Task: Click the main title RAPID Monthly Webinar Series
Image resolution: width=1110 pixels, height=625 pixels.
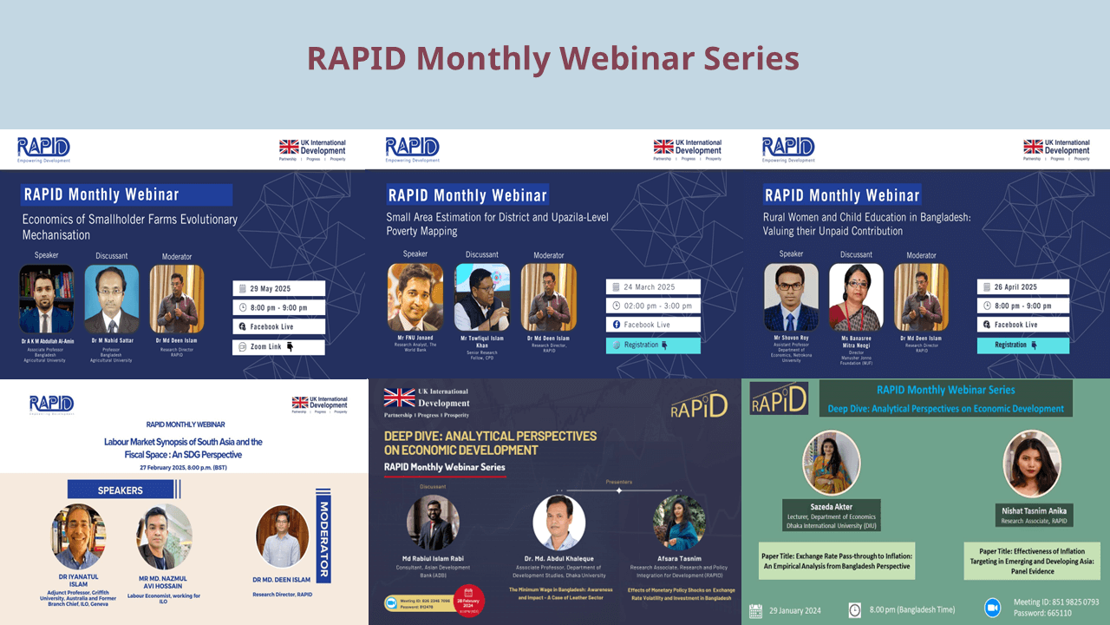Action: [553, 59]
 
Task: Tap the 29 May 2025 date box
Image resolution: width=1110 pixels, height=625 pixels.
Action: [278, 288]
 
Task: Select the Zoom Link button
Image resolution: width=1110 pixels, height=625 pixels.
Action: [278, 347]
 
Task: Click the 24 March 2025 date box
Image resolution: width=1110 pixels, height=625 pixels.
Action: [653, 287]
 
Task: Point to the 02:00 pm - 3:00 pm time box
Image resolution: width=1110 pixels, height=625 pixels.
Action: [653, 306]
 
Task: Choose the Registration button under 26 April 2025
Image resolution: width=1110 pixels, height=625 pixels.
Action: [1022, 345]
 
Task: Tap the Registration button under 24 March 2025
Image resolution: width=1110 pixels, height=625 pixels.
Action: [653, 345]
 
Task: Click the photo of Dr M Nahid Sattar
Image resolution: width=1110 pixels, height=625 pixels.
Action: [111, 299]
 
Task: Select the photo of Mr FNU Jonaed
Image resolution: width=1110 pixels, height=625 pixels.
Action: [415, 298]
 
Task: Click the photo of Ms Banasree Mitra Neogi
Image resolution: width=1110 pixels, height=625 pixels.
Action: [856, 298]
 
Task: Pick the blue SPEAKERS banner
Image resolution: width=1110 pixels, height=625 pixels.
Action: [121, 490]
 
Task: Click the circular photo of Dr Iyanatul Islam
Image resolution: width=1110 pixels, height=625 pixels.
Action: [78, 537]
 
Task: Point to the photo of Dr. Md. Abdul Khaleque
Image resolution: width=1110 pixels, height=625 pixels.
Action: [558, 523]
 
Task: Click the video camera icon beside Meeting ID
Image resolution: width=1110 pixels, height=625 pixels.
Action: [993, 608]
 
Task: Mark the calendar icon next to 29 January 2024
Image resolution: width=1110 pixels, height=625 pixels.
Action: [755, 610]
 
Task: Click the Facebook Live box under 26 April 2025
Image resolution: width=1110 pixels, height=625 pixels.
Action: [1022, 325]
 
